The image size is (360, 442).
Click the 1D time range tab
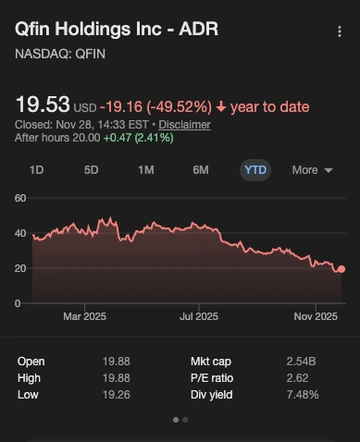[x=37, y=170]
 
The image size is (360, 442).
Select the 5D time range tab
[x=92, y=170]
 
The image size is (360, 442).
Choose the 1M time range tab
[x=146, y=170]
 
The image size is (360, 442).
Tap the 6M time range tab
[x=201, y=170]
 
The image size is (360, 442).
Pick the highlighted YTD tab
[x=255, y=170]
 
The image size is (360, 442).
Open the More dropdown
[x=311, y=170]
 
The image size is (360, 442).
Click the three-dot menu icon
[x=339, y=31]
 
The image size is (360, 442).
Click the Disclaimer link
[x=183, y=124]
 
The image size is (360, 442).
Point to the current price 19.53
[x=42, y=103]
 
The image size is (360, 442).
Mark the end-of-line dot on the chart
[x=341, y=269]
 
